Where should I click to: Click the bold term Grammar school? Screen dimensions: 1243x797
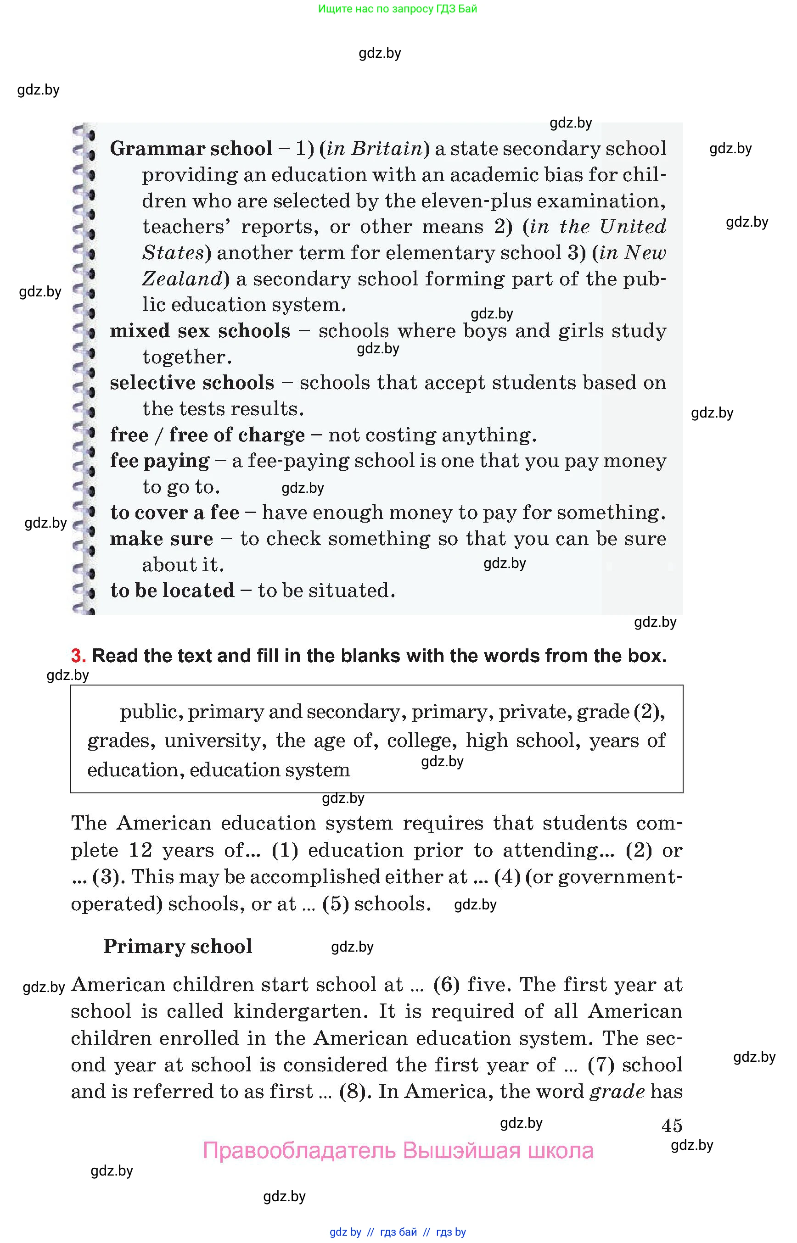(191, 149)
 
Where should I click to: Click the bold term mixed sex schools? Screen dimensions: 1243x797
(200, 331)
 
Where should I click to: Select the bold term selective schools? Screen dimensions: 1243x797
(191, 383)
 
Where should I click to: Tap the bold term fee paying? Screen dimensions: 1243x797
(159, 461)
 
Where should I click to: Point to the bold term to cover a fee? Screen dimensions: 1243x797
(174, 513)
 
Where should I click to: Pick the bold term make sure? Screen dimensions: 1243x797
(161, 539)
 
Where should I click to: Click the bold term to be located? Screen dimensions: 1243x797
(172, 591)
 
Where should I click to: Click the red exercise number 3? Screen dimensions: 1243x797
(78, 656)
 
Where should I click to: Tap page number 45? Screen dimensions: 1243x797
(672, 1126)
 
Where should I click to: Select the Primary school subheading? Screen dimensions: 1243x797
(178, 947)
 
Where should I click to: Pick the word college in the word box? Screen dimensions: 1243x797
(421, 741)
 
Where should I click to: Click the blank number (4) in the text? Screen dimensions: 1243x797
(507, 877)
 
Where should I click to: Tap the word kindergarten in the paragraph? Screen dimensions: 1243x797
(300, 1011)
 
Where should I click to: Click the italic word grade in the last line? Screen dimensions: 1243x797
(617, 1092)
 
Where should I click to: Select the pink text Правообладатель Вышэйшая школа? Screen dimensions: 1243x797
(398, 1151)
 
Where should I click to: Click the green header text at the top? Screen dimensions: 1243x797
(398, 9)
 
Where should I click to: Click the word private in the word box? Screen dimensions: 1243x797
(534, 712)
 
